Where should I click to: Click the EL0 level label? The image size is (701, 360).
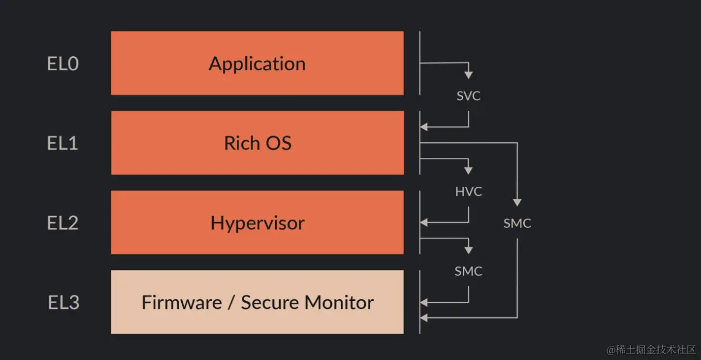[x=62, y=64]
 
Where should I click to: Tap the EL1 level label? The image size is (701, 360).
[x=62, y=143]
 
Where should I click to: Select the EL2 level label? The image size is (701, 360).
[x=62, y=223]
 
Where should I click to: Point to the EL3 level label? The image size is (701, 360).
[x=63, y=303]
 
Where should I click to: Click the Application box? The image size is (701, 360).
[x=257, y=63]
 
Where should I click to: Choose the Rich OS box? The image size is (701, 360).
[x=257, y=143]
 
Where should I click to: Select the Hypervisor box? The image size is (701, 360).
[x=257, y=223]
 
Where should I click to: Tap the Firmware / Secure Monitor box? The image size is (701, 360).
[x=257, y=302]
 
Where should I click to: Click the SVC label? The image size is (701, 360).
[x=469, y=96]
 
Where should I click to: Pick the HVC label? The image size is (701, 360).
[x=469, y=192]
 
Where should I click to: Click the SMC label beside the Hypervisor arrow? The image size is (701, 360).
[x=469, y=272]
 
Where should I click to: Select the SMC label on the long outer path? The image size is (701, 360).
[x=517, y=224]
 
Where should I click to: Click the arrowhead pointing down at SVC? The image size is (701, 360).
[x=469, y=75]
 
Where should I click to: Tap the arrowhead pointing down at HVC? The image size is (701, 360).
[x=469, y=170]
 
